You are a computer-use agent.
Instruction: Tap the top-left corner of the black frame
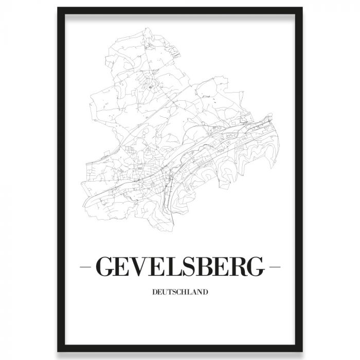[58, 9]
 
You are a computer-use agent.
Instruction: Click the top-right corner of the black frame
[302, 9]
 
